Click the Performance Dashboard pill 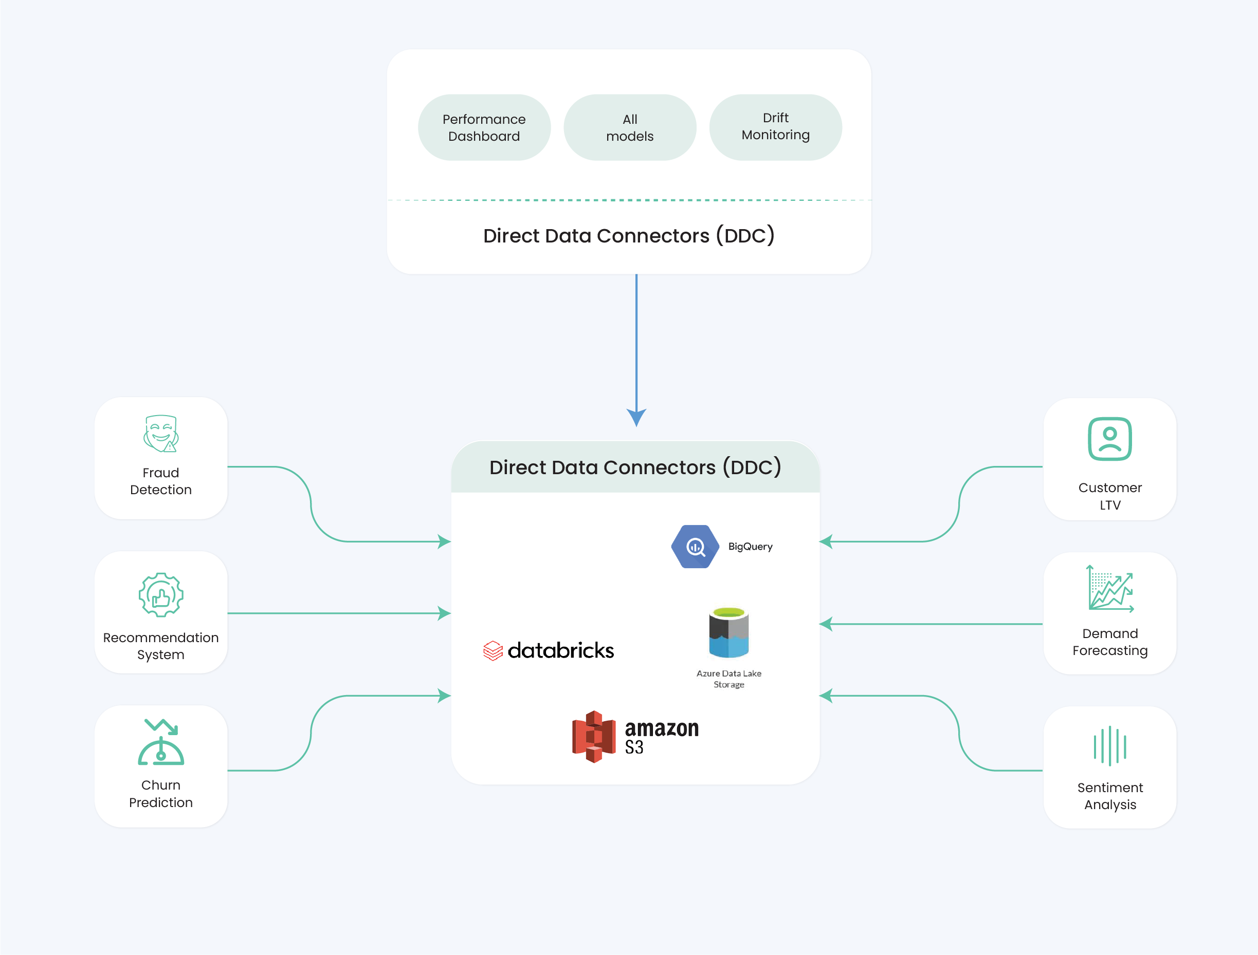(x=484, y=127)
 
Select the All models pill (x=630, y=127)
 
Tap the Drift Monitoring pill (x=775, y=127)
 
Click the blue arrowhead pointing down (x=636, y=417)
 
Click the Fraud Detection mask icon (x=161, y=434)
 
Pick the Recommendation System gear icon (x=161, y=594)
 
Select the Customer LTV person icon (x=1109, y=439)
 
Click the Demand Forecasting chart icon (x=1109, y=588)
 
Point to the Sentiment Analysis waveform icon (x=1109, y=746)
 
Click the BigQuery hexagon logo (x=695, y=546)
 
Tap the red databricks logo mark (x=493, y=651)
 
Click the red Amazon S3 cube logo (x=594, y=737)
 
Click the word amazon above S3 (x=662, y=728)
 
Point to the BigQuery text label (x=750, y=546)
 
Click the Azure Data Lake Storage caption (x=728, y=679)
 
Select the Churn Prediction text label (x=161, y=794)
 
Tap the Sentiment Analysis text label (x=1109, y=796)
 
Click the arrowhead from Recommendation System (x=444, y=613)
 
